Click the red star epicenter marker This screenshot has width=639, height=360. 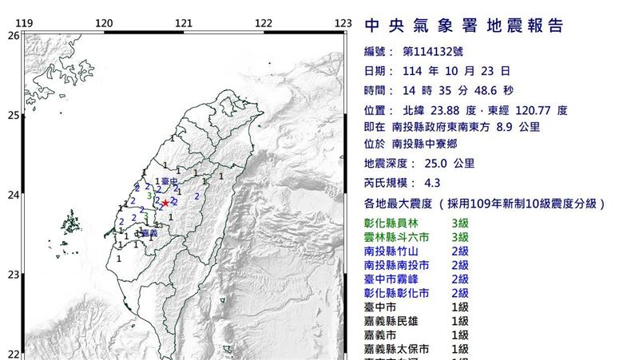(x=165, y=203)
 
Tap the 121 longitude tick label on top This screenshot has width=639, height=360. (x=184, y=24)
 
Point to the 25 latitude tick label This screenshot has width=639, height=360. (x=14, y=116)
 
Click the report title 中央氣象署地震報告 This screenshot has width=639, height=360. (x=463, y=26)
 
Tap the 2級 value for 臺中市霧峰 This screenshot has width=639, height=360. (x=459, y=279)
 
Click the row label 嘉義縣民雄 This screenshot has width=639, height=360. (x=391, y=321)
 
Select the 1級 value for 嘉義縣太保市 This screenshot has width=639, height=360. (x=459, y=349)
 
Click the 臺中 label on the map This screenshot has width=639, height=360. (x=169, y=183)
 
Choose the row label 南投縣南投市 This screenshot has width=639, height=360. (x=396, y=265)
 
